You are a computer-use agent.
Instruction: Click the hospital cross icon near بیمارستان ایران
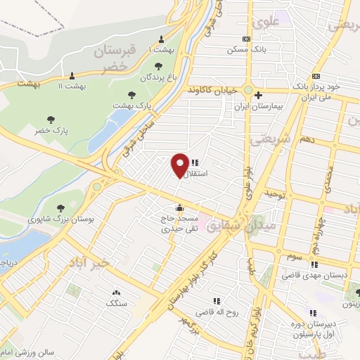tap(258, 96)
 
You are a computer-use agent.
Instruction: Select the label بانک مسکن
tap(245, 50)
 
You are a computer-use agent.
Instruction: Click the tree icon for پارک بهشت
tap(131, 94)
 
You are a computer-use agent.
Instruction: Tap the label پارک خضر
tap(51, 131)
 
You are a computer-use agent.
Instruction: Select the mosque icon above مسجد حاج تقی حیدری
tap(181, 207)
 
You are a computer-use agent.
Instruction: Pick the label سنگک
tap(116, 303)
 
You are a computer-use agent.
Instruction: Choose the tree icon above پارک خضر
tap(51, 120)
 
